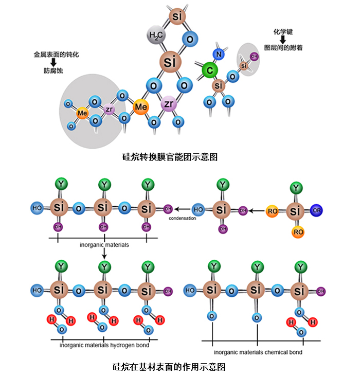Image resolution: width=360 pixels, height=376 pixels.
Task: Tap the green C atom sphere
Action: click(209, 70)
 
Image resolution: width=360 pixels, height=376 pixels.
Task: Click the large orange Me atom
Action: click(141, 107)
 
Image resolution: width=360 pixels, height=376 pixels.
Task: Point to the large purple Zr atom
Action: click(169, 104)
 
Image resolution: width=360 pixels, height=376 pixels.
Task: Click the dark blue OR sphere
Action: click(317, 210)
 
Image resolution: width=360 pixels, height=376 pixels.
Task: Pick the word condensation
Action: click(183, 218)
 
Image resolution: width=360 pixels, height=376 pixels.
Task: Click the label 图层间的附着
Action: click(283, 47)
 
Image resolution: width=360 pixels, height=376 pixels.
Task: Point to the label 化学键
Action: click(282, 31)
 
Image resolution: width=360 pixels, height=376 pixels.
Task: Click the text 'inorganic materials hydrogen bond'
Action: click(104, 345)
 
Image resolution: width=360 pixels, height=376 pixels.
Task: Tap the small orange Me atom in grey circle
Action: click(82, 113)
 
